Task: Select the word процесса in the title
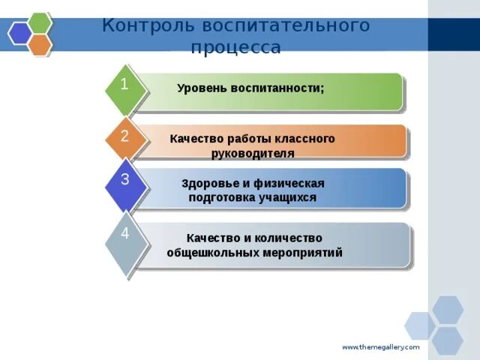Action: click(236, 48)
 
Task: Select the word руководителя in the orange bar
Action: click(253, 153)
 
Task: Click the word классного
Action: click(306, 139)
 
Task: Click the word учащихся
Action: click(289, 198)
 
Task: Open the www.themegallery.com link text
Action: click(381, 347)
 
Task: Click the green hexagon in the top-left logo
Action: click(39, 22)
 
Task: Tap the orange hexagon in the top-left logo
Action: click(40, 45)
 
